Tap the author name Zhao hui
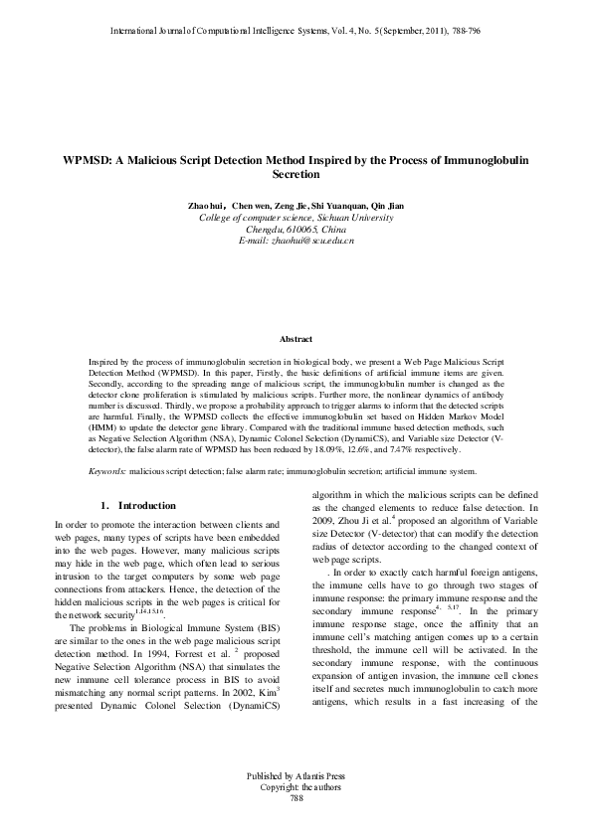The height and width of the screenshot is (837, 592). (x=208, y=205)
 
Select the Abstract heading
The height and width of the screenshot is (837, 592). (x=296, y=339)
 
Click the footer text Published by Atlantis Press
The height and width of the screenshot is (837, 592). (x=296, y=801)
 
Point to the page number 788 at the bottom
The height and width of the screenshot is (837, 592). (x=296, y=825)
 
